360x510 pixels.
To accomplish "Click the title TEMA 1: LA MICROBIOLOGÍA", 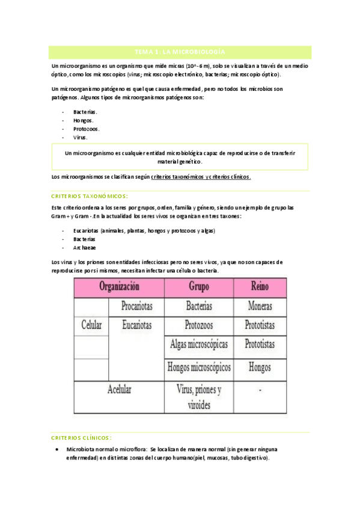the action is click(180, 52).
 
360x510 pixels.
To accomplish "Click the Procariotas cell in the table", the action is click(136, 306).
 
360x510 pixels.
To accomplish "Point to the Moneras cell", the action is click(261, 306).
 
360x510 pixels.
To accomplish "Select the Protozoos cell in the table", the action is click(199, 325).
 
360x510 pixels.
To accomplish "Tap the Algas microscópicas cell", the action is click(200, 345).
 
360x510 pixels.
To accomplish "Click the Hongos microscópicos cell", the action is click(200, 367).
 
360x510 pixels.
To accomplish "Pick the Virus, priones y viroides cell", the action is click(199, 397).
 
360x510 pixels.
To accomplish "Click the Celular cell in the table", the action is click(91, 325).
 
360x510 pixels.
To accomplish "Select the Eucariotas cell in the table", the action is click(136, 325).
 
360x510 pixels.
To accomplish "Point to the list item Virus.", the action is click(81, 137).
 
